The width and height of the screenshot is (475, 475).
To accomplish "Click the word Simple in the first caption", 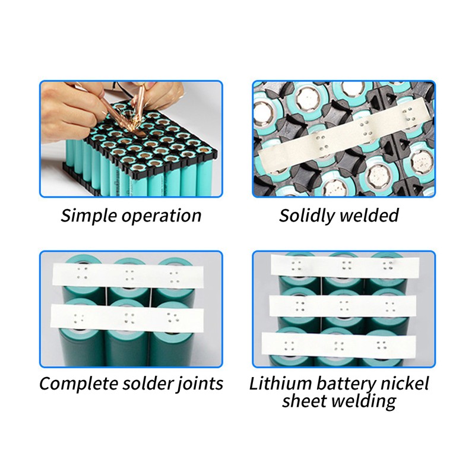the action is [88, 216].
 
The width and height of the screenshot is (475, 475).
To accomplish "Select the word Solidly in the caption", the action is [306, 216].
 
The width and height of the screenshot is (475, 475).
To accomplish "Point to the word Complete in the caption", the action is [78, 384].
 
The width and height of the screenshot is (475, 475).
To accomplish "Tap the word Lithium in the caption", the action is [280, 383].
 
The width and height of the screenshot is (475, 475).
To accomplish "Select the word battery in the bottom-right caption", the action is [346, 384].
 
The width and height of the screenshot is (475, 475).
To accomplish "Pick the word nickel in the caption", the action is [404, 383].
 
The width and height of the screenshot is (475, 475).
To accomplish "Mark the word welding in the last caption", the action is [363, 402].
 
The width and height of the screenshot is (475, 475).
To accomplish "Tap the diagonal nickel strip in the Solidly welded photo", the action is [345, 134].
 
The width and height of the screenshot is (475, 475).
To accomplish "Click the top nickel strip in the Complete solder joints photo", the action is [128, 275].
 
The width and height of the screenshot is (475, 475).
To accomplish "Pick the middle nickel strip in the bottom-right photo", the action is [343, 306].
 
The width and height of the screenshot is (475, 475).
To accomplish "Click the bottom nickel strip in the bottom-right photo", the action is [338, 345].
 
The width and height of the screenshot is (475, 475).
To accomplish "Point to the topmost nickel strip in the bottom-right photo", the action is [345, 265].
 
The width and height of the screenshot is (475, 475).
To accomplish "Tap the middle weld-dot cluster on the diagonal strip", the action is [366, 129].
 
